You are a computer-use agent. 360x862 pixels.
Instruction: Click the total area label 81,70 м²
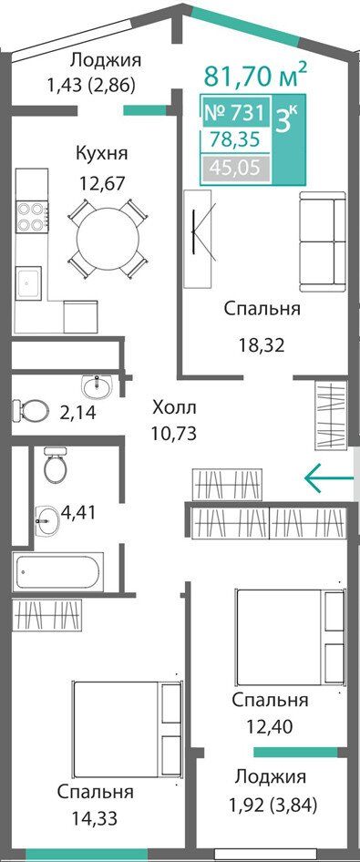pos(255,76)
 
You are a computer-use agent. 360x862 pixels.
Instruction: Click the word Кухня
pos(102,153)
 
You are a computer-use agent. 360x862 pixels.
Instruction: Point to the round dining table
pos(108,238)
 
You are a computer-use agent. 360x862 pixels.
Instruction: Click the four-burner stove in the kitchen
pos(31,217)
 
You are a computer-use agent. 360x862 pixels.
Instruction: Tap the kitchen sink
pos(28,282)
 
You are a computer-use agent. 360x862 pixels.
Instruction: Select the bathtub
pos(57,572)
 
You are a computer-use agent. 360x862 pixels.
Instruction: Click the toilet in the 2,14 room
pos(28,409)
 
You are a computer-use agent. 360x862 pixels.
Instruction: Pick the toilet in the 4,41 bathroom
pos(55,465)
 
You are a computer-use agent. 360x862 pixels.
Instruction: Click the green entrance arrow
pos(329,477)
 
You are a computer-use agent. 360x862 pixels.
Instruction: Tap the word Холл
pos(173,408)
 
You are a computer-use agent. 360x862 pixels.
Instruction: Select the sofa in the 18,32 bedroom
pos(322,241)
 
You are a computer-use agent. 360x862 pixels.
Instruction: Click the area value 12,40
pos(269,726)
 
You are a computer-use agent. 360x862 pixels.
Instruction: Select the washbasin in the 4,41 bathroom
pos(47,517)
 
